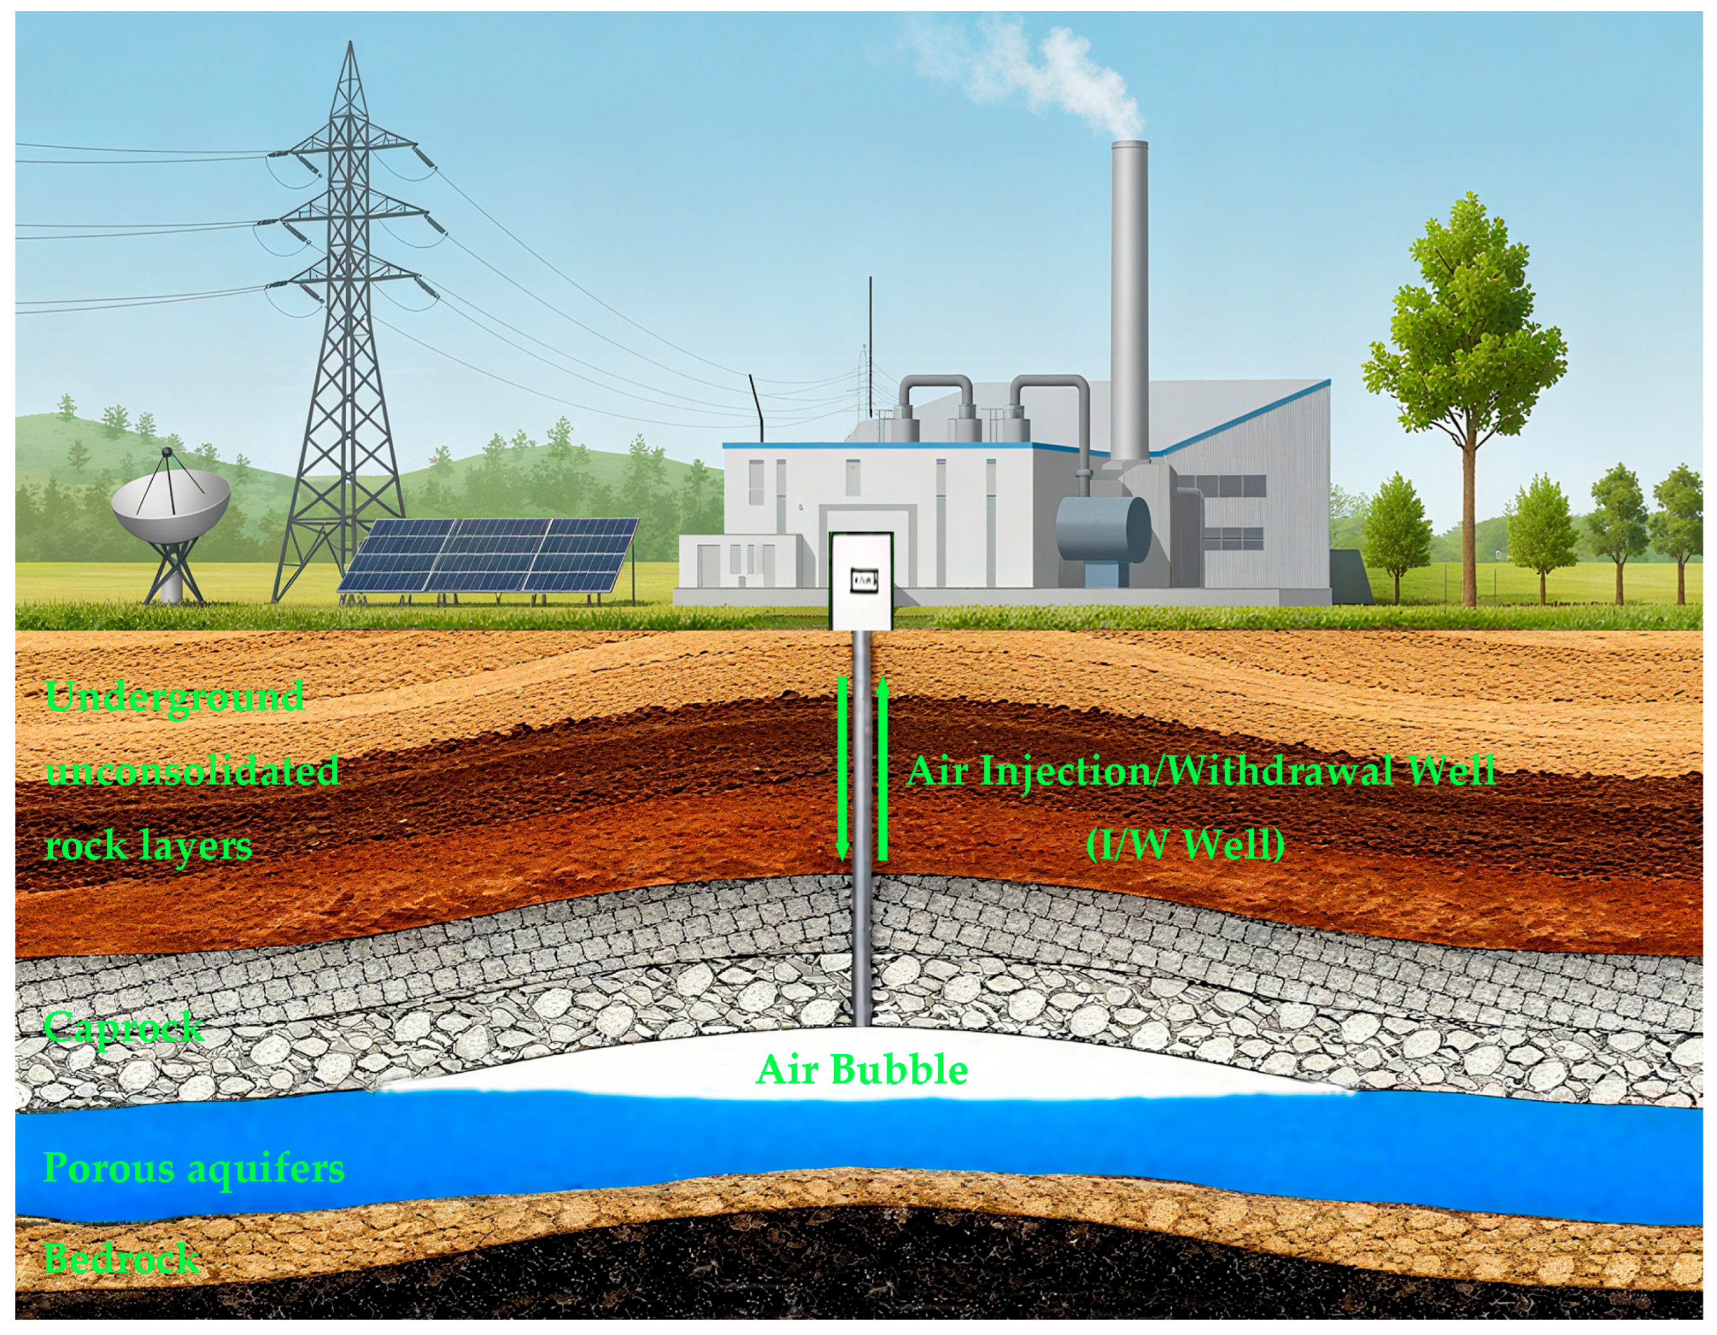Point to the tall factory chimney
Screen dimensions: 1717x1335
click(1129, 299)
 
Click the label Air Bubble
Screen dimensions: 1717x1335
click(861, 1070)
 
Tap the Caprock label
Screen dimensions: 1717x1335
click(124, 1027)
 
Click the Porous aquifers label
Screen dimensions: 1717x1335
click(193, 1168)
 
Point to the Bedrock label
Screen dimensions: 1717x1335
click(122, 1259)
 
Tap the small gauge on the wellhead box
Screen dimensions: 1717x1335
click(864, 580)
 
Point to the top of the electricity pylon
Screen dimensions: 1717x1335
click(350, 47)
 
